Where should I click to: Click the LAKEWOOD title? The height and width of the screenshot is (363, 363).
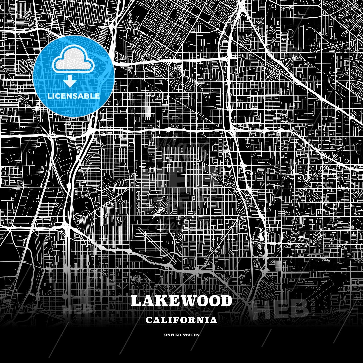click(x=181, y=301)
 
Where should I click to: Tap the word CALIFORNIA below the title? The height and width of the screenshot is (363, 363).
click(x=181, y=320)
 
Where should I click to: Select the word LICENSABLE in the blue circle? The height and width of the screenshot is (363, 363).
click(x=74, y=96)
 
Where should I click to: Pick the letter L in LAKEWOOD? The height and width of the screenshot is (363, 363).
click(x=137, y=301)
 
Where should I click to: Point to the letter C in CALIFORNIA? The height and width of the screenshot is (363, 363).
click(x=149, y=320)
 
